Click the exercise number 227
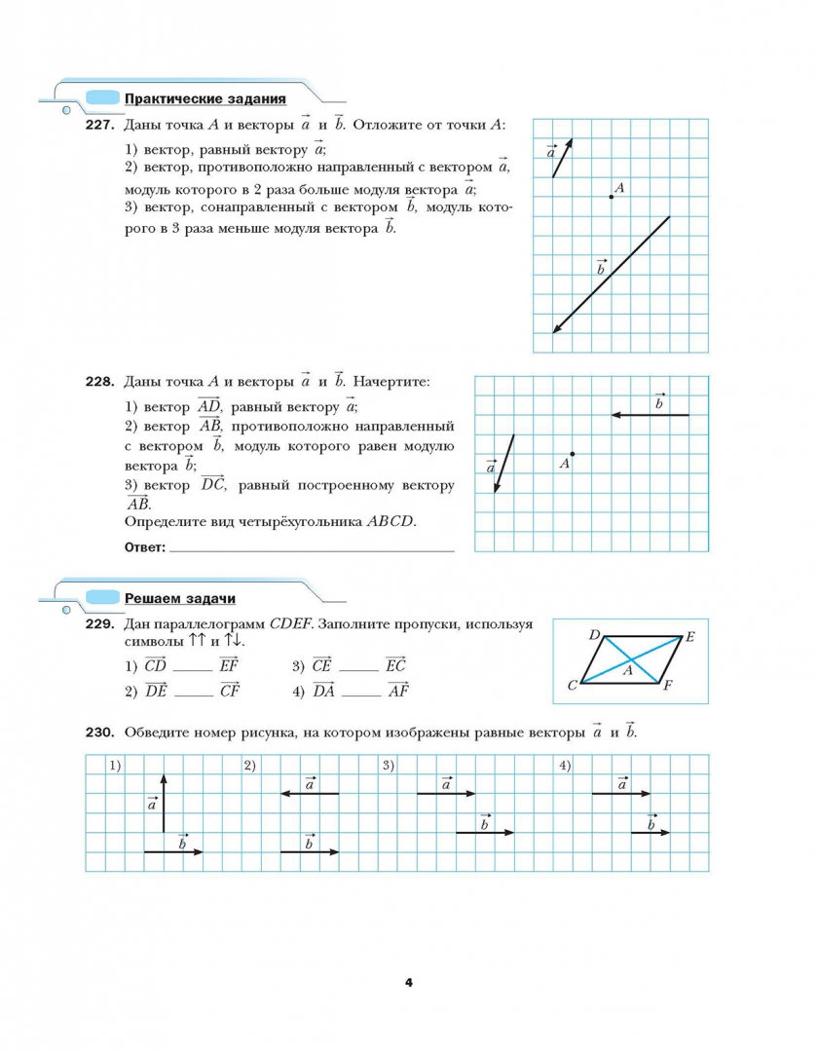[101, 125]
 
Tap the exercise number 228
[101, 382]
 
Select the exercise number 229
[101, 624]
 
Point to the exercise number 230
[101, 732]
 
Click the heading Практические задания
[204, 98]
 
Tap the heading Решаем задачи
[180, 598]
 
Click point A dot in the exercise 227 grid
[611, 197]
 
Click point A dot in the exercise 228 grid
[573, 454]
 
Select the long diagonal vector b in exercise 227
[612, 275]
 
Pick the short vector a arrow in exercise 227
[562, 158]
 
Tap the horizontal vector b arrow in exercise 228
[650, 415]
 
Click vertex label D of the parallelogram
[594, 635]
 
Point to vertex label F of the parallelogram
[667, 685]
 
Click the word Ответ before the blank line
[145, 547]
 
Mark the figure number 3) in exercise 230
[388, 765]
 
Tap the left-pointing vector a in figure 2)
[310, 794]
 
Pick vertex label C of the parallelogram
[572, 685]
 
